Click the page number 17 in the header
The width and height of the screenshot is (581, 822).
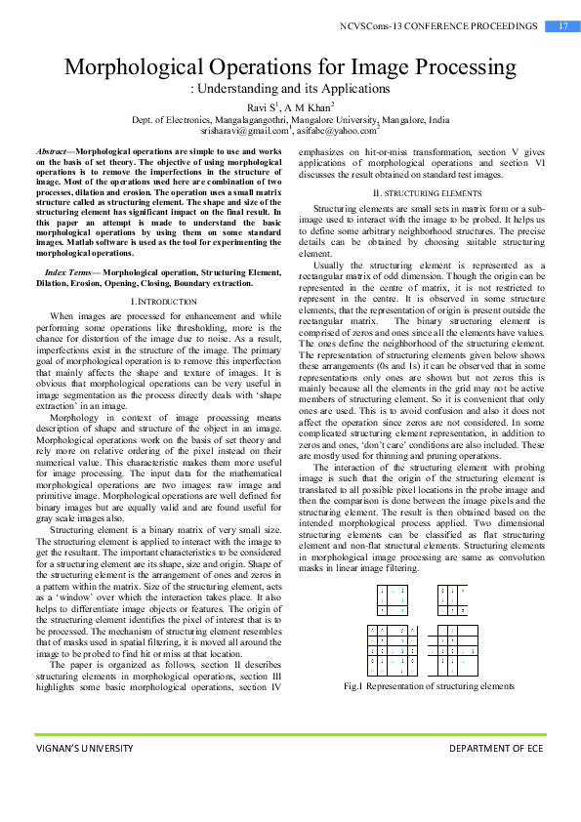point(563,25)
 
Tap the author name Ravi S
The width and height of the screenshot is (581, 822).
point(259,106)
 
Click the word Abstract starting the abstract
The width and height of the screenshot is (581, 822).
point(54,153)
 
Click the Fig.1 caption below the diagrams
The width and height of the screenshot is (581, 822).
point(429,686)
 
